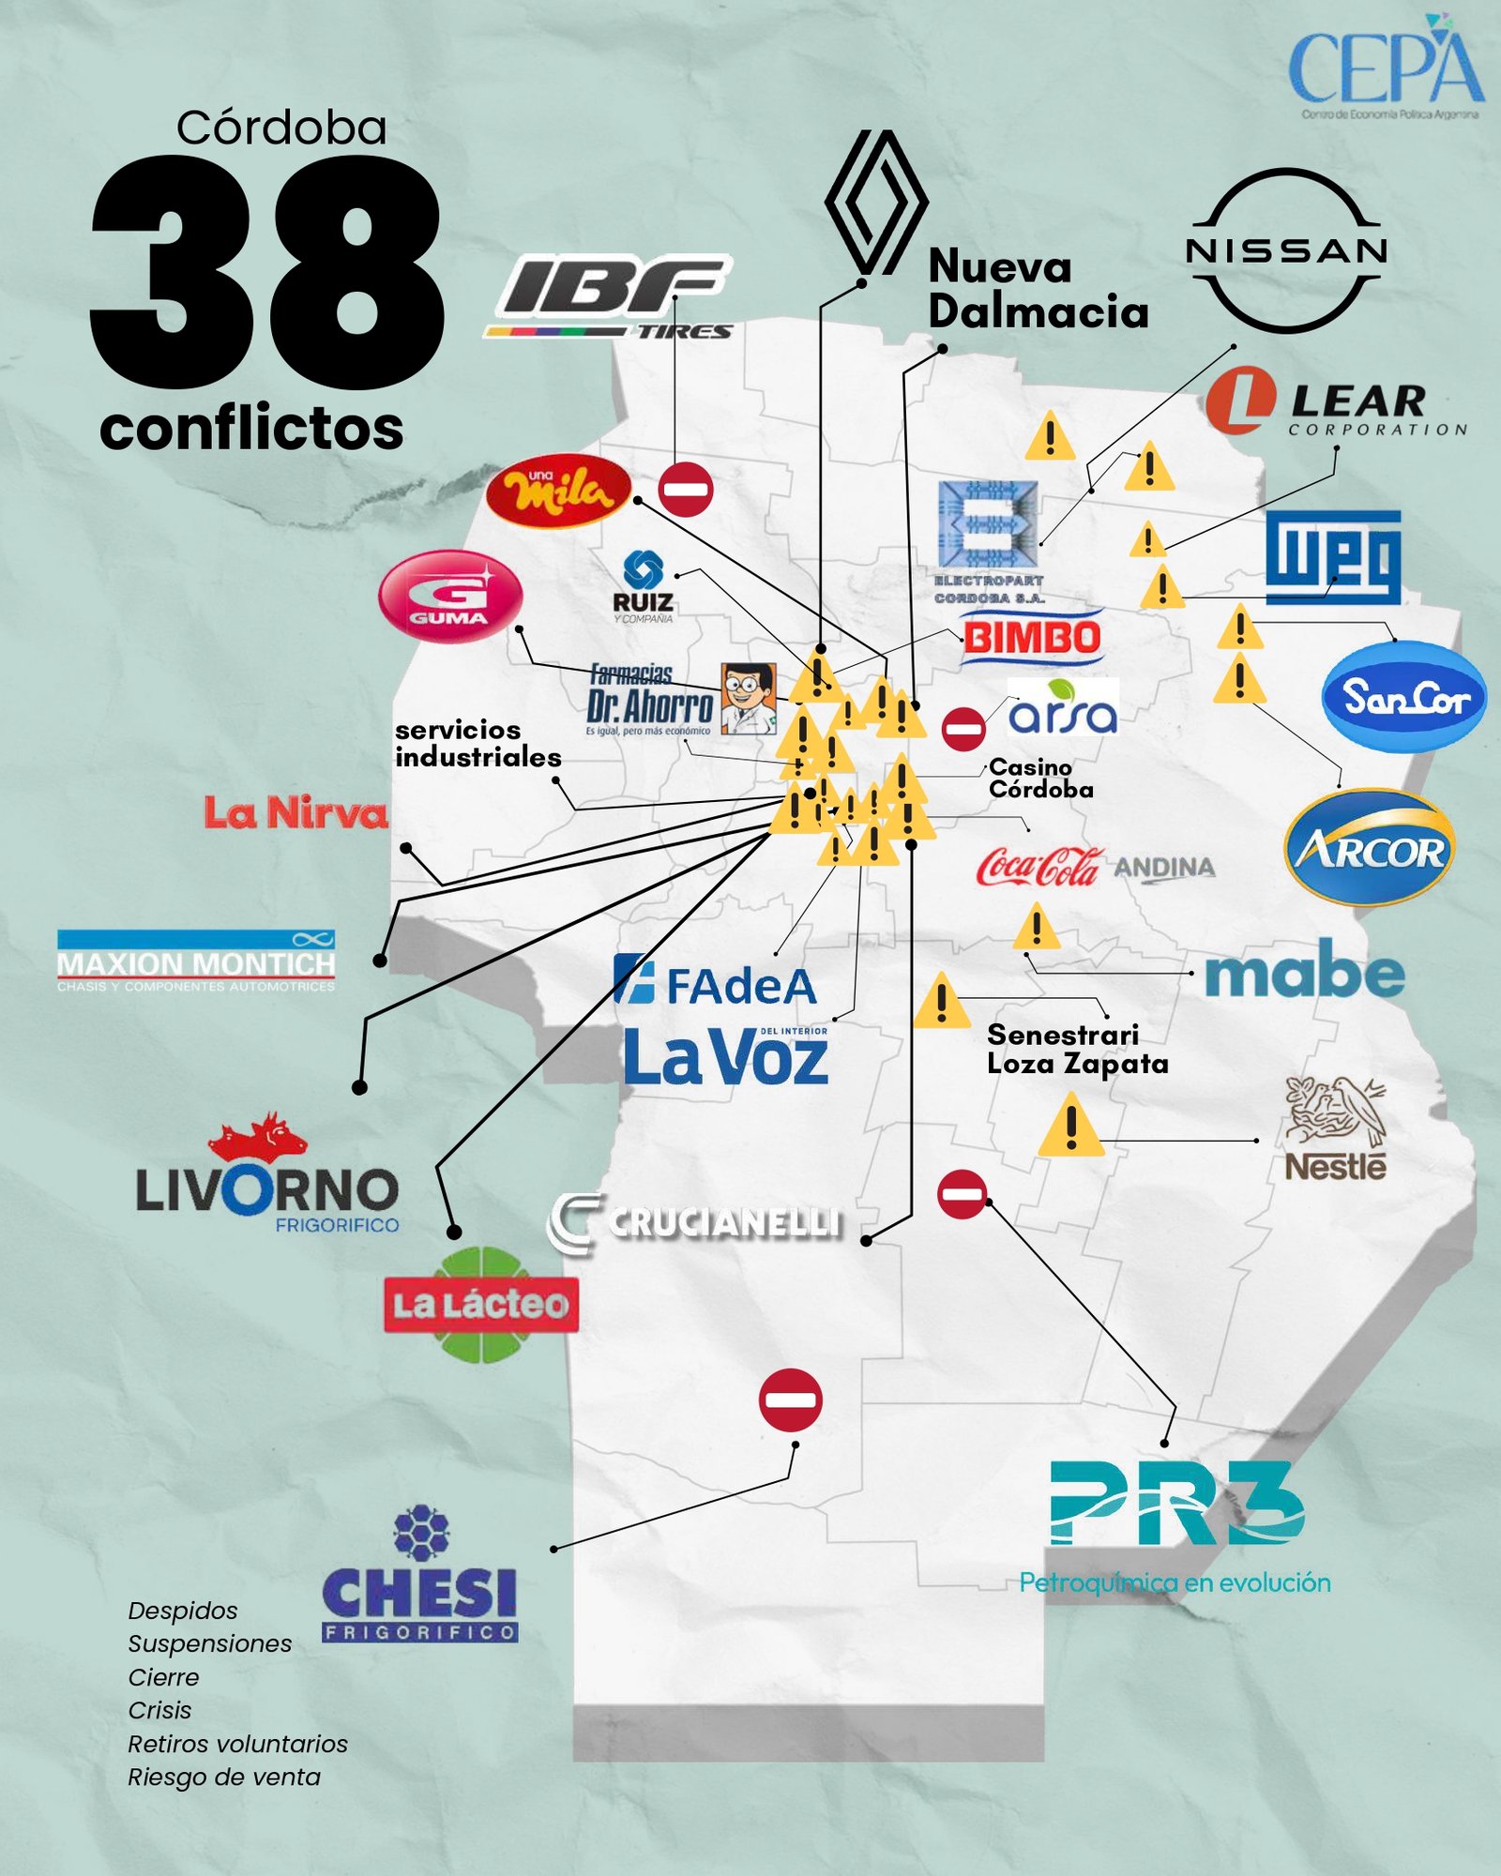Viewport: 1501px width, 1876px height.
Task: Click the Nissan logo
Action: [x=1287, y=250]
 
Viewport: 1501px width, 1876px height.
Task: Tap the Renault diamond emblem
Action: [x=875, y=202]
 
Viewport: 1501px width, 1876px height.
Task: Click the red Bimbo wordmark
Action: [x=1032, y=639]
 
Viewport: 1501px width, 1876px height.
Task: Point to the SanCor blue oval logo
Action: [x=1403, y=697]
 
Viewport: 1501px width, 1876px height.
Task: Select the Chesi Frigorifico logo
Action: [x=419, y=1576]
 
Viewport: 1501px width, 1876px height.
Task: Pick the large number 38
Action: [x=267, y=272]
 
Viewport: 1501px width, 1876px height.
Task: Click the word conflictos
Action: [x=251, y=429]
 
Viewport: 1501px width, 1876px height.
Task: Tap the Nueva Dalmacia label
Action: [x=1038, y=289]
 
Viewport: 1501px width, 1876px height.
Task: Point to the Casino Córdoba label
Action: [x=1040, y=779]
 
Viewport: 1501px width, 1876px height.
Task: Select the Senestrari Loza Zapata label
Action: [x=1077, y=1049]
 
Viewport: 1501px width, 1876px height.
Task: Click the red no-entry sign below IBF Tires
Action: [x=686, y=489]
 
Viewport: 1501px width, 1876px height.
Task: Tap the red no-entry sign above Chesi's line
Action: [x=791, y=1399]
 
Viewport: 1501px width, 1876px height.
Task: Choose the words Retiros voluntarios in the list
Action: [x=237, y=1744]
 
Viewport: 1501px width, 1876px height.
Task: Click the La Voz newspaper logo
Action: [x=725, y=1056]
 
